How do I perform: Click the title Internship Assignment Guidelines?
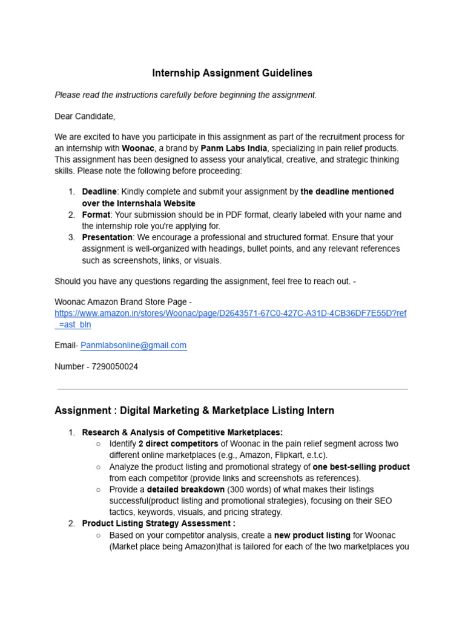pyautogui.click(x=232, y=73)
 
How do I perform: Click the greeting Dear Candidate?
pyautogui.click(x=85, y=116)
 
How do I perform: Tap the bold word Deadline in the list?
pyautogui.click(x=99, y=192)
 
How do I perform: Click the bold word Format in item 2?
pyautogui.click(x=96, y=215)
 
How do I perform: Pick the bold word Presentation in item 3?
pyautogui.click(x=107, y=238)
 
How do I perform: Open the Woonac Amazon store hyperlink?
pyautogui.click(x=230, y=314)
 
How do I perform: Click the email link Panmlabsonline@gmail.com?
pyautogui.click(x=133, y=345)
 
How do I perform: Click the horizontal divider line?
pyautogui.click(x=232, y=389)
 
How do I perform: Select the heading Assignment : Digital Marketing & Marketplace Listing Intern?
pyautogui.click(x=194, y=411)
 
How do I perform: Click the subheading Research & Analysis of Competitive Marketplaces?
pyautogui.click(x=182, y=432)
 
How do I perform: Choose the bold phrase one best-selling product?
pyautogui.click(x=361, y=467)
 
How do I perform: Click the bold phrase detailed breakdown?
pyautogui.click(x=186, y=489)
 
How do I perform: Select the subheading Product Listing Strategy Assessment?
pyautogui.click(x=159, y=523)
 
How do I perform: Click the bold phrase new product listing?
pyautogui.click(x=312, y=535)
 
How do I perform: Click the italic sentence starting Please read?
pyautogui.click(x=185, y=95)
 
